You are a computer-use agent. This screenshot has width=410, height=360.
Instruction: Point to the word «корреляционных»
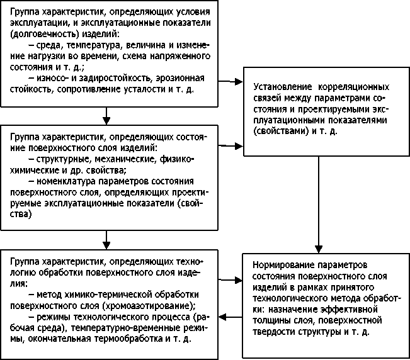pos(354,86)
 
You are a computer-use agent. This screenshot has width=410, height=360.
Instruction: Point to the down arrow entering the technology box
pos(108,239)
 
